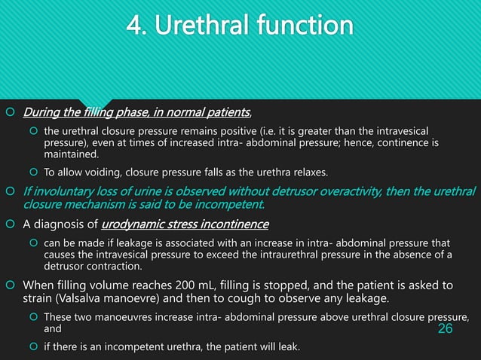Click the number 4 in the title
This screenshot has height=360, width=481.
pos(136,26)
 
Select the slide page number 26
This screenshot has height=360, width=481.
pos(446,330)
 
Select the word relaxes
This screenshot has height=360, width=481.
pos(309,172)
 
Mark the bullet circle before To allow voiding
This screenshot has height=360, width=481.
pos(32,172)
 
